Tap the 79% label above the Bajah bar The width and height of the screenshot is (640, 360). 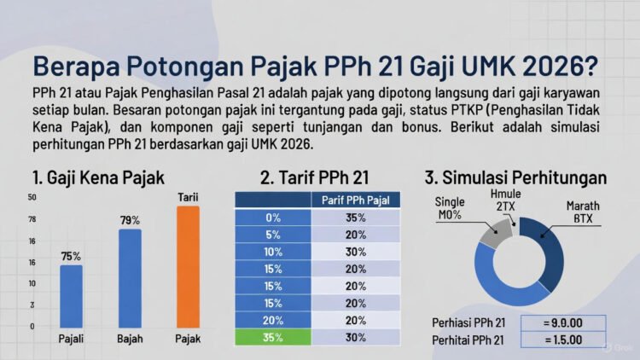click(130, 221)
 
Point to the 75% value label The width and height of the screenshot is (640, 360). click(71, 256)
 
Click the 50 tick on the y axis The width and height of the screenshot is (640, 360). click(32, 198)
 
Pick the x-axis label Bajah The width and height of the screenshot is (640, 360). click(130, 339)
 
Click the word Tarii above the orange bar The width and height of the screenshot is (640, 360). click(188, 198)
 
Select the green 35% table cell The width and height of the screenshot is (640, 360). click(273, 337)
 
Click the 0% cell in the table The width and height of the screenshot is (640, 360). click(273, 218)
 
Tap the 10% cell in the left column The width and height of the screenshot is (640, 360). click(273, 252)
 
